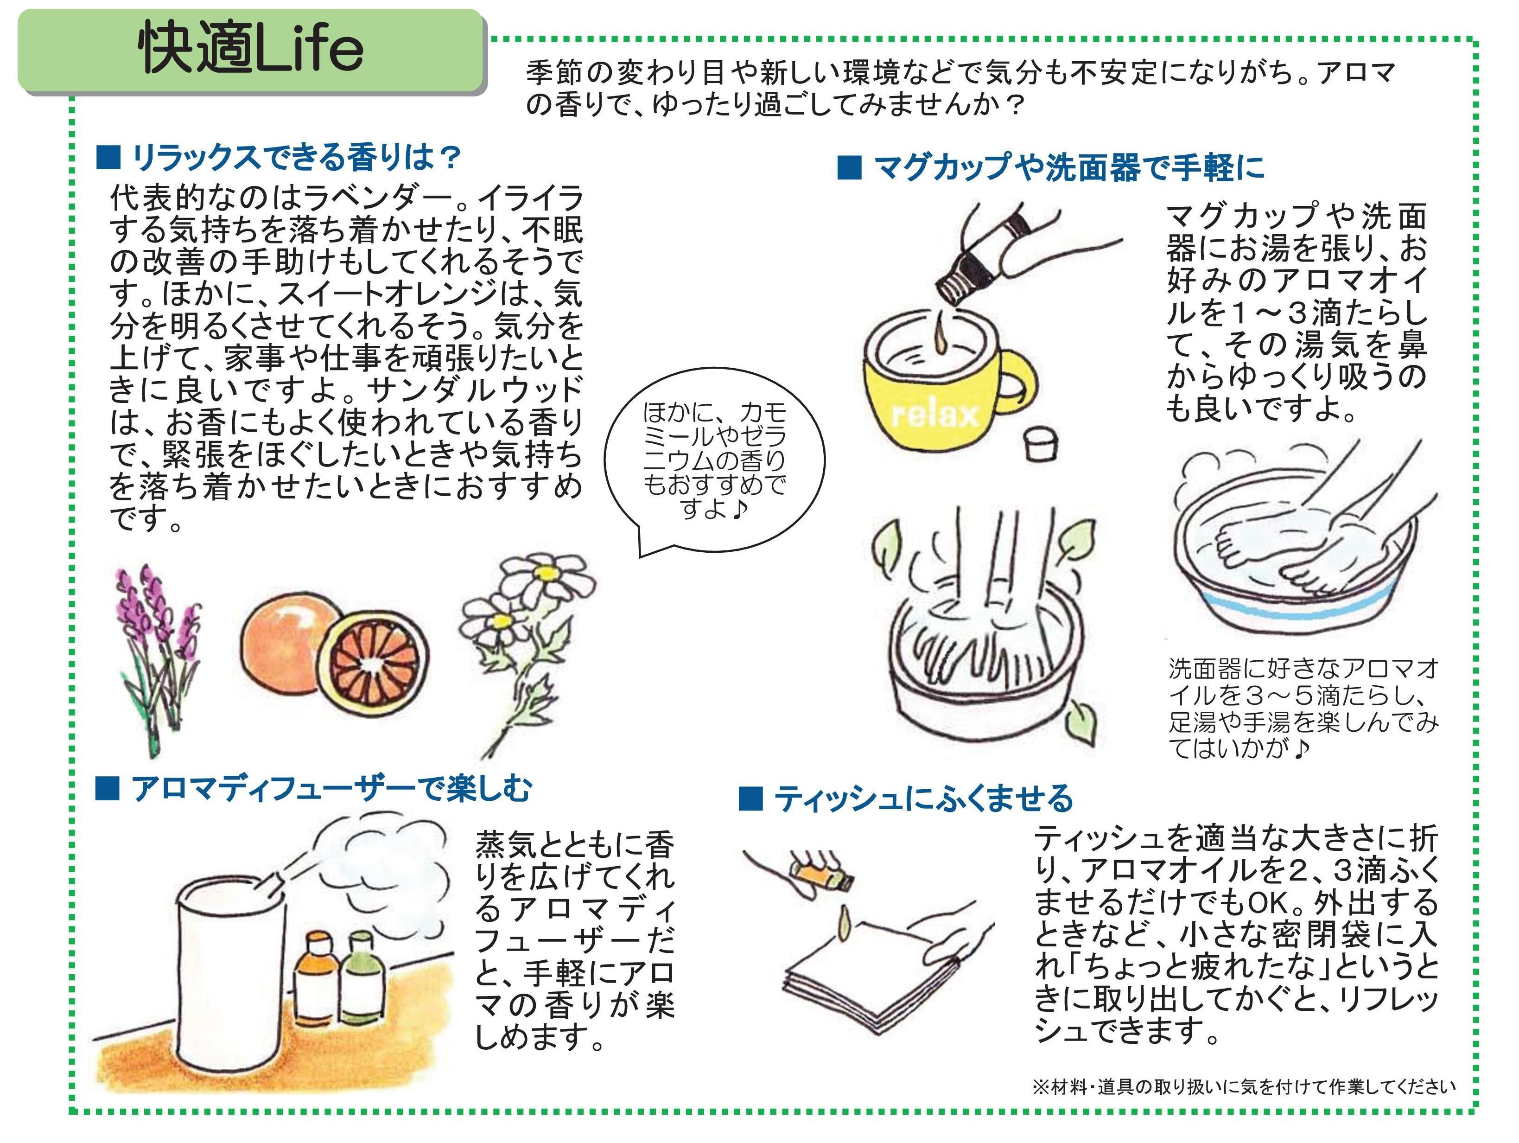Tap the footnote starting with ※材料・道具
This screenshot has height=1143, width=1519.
click(x=1243, y=1087)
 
